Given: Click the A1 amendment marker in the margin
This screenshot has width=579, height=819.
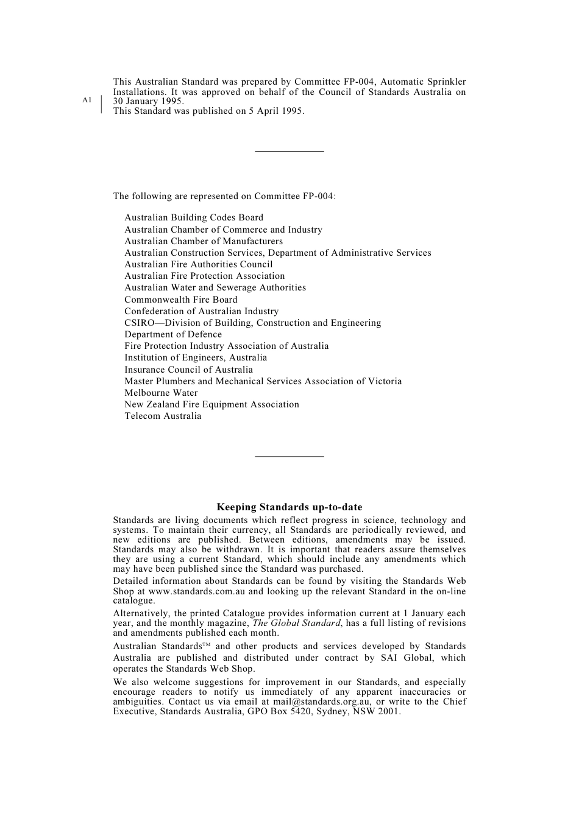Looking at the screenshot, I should click(87, 99).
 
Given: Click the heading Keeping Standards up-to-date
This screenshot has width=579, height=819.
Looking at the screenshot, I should click(289, 507).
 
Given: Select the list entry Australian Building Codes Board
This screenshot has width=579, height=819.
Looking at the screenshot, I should click(194, 217).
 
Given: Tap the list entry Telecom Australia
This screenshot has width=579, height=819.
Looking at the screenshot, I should click(163, 416).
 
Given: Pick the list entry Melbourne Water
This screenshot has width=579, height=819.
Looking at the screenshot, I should click(161, 393).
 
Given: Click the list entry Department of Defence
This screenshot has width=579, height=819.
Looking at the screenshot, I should click(173, 334).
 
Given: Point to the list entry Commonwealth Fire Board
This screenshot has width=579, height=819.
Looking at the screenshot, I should click(181, 300).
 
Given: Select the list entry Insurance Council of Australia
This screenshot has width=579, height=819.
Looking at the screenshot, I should click(188, 370).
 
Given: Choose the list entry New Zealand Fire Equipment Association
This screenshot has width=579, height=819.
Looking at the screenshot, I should click(211, 404).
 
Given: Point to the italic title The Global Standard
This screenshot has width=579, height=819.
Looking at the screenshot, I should click(296, 623).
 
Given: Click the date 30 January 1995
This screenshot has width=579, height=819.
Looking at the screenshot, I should click(148, 102).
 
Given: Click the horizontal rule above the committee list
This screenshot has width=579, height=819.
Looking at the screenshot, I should click(289, 151).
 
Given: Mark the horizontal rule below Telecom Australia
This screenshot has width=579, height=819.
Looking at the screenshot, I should click(289, 456).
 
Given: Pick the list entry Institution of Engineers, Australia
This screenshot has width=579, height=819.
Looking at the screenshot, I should click(196, 357).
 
